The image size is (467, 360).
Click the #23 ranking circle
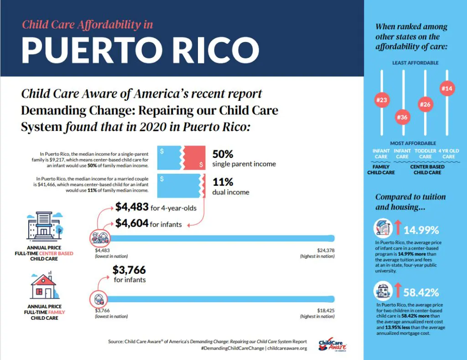pos(381,100)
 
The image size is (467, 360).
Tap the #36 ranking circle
pos(402,117)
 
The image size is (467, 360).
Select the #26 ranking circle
pos(425,104)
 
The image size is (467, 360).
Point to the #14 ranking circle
pos(447,89)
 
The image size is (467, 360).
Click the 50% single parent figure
pos(223,154)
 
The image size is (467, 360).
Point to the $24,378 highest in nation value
pos(326,250)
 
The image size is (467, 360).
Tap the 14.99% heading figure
pos(421,229)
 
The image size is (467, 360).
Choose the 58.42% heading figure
pos(421,292)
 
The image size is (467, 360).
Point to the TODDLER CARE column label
pos(425,153)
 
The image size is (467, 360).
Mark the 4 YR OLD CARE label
pos(448,153)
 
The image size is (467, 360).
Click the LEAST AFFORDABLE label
pos(415,63)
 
